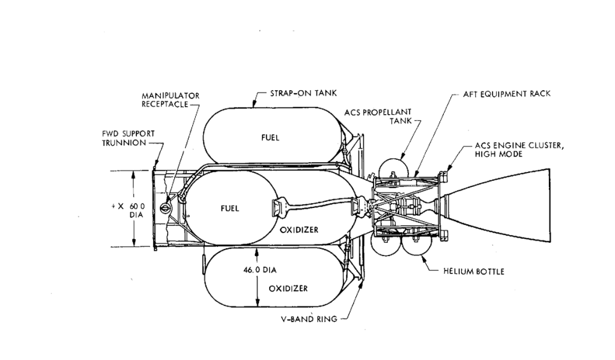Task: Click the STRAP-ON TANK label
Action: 303,93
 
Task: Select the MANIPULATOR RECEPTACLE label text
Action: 171,100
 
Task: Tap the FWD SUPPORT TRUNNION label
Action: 129,138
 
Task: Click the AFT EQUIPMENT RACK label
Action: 507,94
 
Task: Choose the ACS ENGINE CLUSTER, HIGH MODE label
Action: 520,150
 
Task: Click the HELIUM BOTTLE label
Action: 474,271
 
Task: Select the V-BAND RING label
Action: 309,319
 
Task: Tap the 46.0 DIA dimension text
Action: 260,270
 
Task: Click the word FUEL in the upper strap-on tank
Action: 270,138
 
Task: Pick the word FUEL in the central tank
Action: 229,209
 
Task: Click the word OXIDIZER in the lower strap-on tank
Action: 288,288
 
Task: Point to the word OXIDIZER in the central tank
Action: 299,230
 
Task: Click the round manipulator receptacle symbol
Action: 165,206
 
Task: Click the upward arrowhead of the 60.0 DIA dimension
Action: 134,175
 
